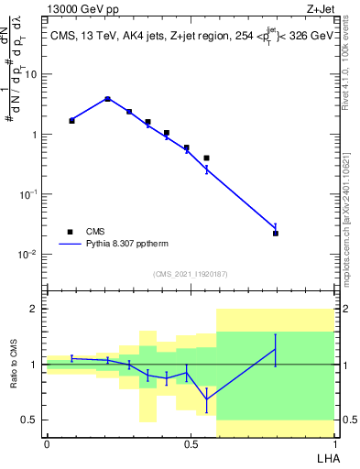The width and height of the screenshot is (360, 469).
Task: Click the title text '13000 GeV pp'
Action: tap(80, 10)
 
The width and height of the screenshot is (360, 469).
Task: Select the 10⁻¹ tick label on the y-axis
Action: tap(27, 194)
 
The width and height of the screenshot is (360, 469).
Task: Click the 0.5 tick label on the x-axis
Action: tap(191, 444)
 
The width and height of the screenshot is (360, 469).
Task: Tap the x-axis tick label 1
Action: tap(334, 444)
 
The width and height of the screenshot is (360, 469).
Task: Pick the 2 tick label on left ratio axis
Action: tap(35, 310)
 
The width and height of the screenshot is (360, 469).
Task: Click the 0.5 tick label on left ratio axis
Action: tap(31, 420)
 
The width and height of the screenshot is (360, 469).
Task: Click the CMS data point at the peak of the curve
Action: tap(107, 99)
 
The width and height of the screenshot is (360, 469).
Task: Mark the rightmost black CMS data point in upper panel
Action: tap(276, 234)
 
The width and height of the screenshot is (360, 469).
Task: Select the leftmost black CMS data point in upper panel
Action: tap(72, 120)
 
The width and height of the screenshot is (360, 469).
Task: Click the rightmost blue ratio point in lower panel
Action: tap(276, 349)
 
